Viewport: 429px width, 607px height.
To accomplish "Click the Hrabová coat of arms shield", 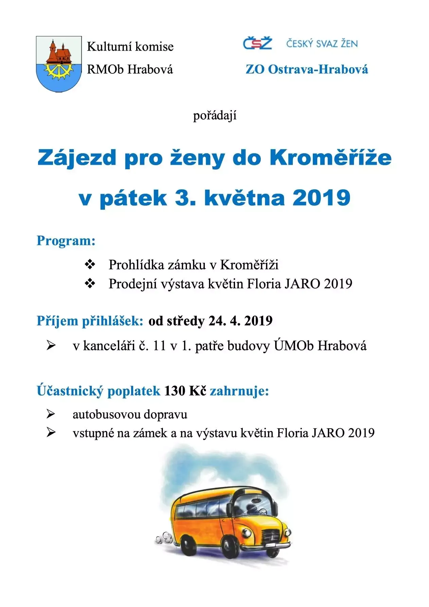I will pyautogui.click(x=59, y=64).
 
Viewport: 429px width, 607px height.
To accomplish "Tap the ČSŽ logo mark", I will pyautogui.click(x=257, y=44).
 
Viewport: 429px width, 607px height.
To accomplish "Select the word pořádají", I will pyautogui.click(x=215, y=116).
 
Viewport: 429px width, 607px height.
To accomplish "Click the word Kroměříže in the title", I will pyautogui.click(x=330, y=158).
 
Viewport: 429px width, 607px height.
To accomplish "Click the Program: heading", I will pyautogui.click(x=66, y=241).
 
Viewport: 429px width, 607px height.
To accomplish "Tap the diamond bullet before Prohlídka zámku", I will pyautogui.click(x=90, y=264).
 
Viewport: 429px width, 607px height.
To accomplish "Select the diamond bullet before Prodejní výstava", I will pyautogui.click(x=90, y=283).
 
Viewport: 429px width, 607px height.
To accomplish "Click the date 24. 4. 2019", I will pyautogui.click(x=240, y=321).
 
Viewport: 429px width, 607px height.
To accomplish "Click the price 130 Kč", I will pyautogui.click(x=185, y=391).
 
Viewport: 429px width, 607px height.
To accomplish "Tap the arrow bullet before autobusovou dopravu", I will pyautogui.click(x=51, y=414).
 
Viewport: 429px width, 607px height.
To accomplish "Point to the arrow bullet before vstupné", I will pyautogui.click(x=51, y=433).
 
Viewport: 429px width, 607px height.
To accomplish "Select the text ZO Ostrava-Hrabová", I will pyautogui.click(x=307, y=69).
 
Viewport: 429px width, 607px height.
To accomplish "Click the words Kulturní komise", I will pyautogui.click(x=130, y=47).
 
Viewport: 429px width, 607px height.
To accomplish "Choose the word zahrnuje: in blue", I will pyautogui.click(x=239, y=391).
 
